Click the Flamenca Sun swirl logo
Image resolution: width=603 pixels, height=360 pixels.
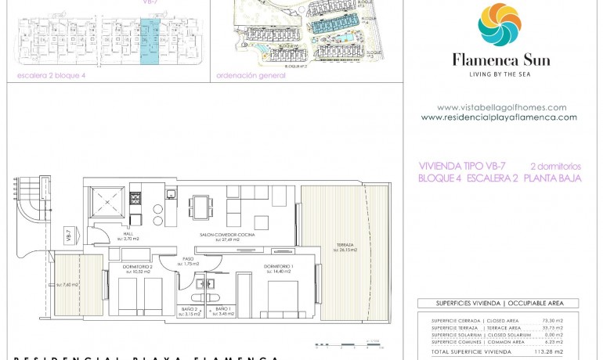pos(500,25)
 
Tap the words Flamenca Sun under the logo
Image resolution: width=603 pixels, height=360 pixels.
pos(500,60)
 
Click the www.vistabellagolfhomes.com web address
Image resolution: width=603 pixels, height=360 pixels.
pos(501,107)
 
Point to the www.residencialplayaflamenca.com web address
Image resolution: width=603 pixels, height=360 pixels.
pos(499,117)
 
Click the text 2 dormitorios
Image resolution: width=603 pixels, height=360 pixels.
pos(555,166)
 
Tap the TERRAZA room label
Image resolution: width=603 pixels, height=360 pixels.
pos(345,246)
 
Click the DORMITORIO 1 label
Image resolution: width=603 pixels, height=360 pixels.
pos(278,267)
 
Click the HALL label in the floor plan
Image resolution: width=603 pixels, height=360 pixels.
pos(107,232)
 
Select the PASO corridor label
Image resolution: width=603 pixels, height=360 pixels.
pos(188,260)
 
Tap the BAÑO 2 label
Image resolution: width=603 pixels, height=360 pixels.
pos(189,310)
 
